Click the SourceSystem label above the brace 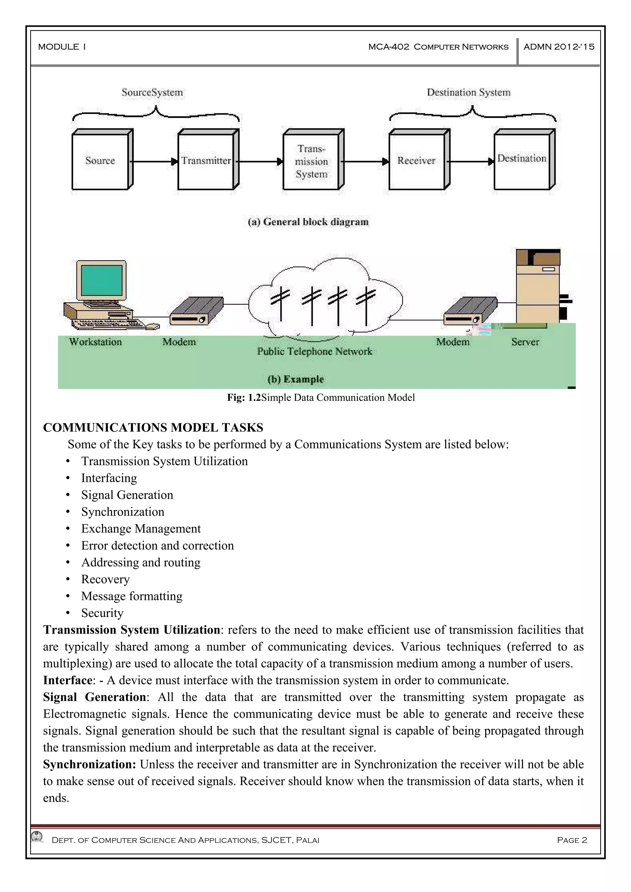[x=152, y=92]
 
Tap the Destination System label [x=469, y=92]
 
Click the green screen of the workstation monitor [x=102, y=280]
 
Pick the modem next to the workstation [x=196, y=310]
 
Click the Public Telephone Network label [x=315, y=351]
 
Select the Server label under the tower [x=525, y=342]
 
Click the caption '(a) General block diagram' [x=308, y=222]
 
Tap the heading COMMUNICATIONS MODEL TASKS [x=153, y=427]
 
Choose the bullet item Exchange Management [x=141, y=529]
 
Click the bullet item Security [x=102, y=613]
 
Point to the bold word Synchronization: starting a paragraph [x=89, y=765]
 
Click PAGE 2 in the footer [x=572, y=840]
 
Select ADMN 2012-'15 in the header [x=559, y=46]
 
